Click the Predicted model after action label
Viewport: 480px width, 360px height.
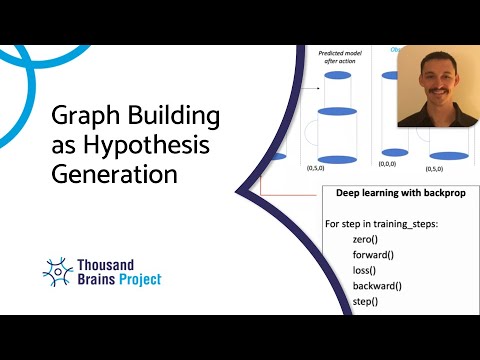click(x=338, y=59)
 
